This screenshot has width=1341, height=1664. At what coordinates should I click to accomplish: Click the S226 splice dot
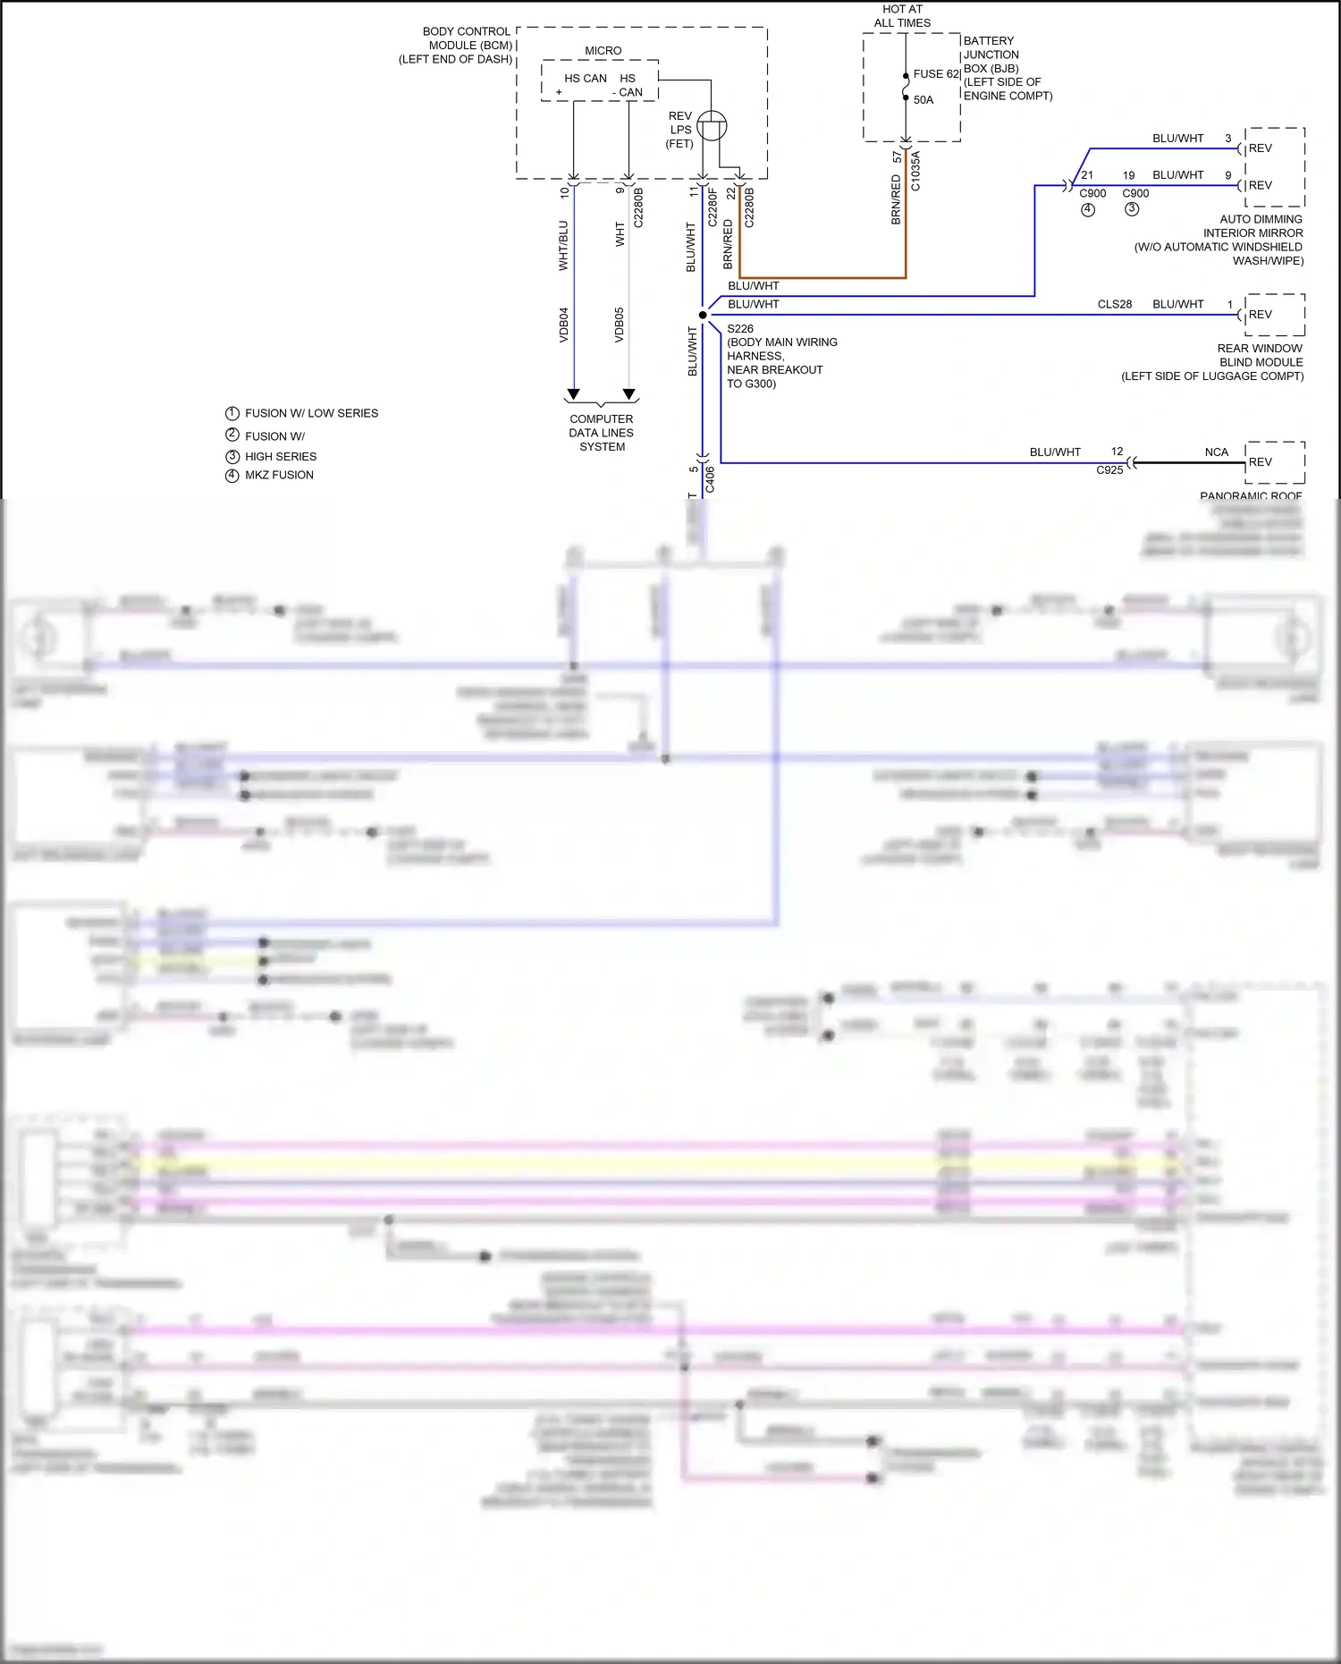tap(703, 315)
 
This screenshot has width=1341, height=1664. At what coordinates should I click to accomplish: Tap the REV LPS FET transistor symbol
tap(712, 126)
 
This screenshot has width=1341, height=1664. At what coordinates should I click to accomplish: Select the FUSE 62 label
tap(936, 74)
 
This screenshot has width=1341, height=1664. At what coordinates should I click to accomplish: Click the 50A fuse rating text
tap(924, 100)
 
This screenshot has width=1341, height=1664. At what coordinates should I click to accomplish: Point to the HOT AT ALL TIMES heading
tap(902, 16)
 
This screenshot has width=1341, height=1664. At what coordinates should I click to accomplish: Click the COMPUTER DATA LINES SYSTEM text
tap(602, 433)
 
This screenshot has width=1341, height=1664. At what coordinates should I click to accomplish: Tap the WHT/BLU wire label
tap(563, 245)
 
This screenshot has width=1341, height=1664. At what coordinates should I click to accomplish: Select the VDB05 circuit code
tap(620, 325)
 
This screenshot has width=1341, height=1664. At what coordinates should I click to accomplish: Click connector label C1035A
tap(915, 171)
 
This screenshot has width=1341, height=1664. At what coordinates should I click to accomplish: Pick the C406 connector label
tap(710, 479)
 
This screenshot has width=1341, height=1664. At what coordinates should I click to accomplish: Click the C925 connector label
tap(1109, 470)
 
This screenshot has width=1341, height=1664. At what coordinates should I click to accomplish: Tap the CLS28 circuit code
tap(1115, 304)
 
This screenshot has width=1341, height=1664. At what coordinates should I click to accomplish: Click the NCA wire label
tap(1216, 452)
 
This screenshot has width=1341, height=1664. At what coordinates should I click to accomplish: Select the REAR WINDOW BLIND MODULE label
tap(1259, 356)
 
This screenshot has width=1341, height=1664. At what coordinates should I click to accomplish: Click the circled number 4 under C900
tap(1088, 209)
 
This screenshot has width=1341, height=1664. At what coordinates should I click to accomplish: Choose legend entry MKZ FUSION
tap(279, 475)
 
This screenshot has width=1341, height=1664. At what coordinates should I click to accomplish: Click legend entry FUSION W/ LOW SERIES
tap(311, 413)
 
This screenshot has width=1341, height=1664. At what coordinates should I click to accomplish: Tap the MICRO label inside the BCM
tap(603, 51)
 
